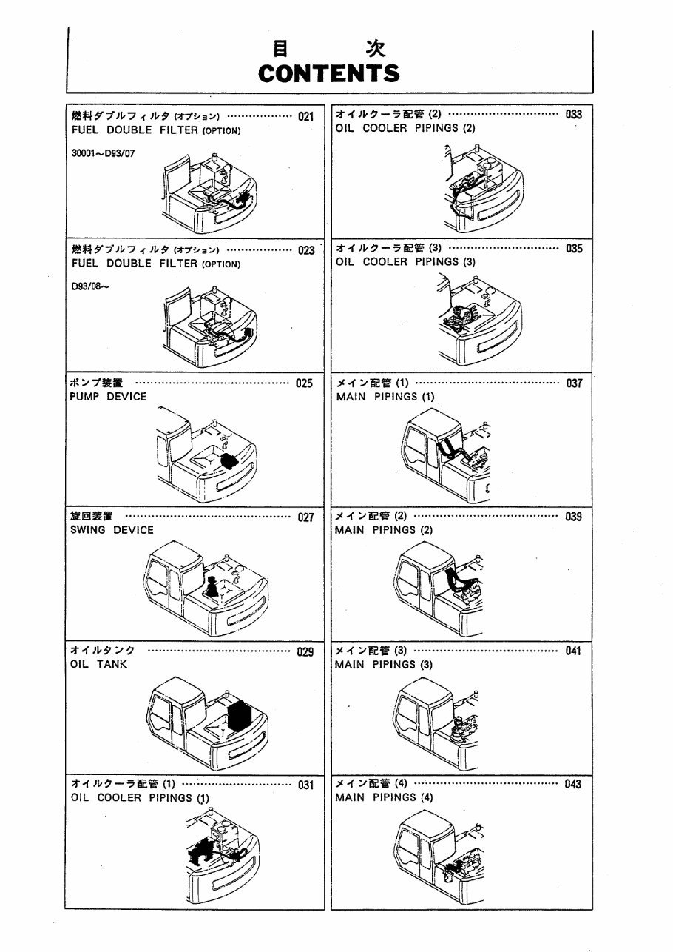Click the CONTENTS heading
tap(329, 73)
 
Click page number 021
tap(305, 116)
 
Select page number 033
tap(573, 115)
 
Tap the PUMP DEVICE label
tap(108, 397)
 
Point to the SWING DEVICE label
tap(112, 530)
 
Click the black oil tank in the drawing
tap(240, 714)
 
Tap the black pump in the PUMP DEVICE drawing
tap(230, 460)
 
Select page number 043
tap(572, 785)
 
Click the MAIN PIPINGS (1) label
tap(385, 397)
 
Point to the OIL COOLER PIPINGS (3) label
tap(405, 262)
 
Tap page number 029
tap(305, 652)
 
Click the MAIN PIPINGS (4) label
tap(385, 798)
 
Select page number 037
tap(573, 383)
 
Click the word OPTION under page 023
tap(220, 264)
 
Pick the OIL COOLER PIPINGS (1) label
tap(141, 798)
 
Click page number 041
tap(572, 651)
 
